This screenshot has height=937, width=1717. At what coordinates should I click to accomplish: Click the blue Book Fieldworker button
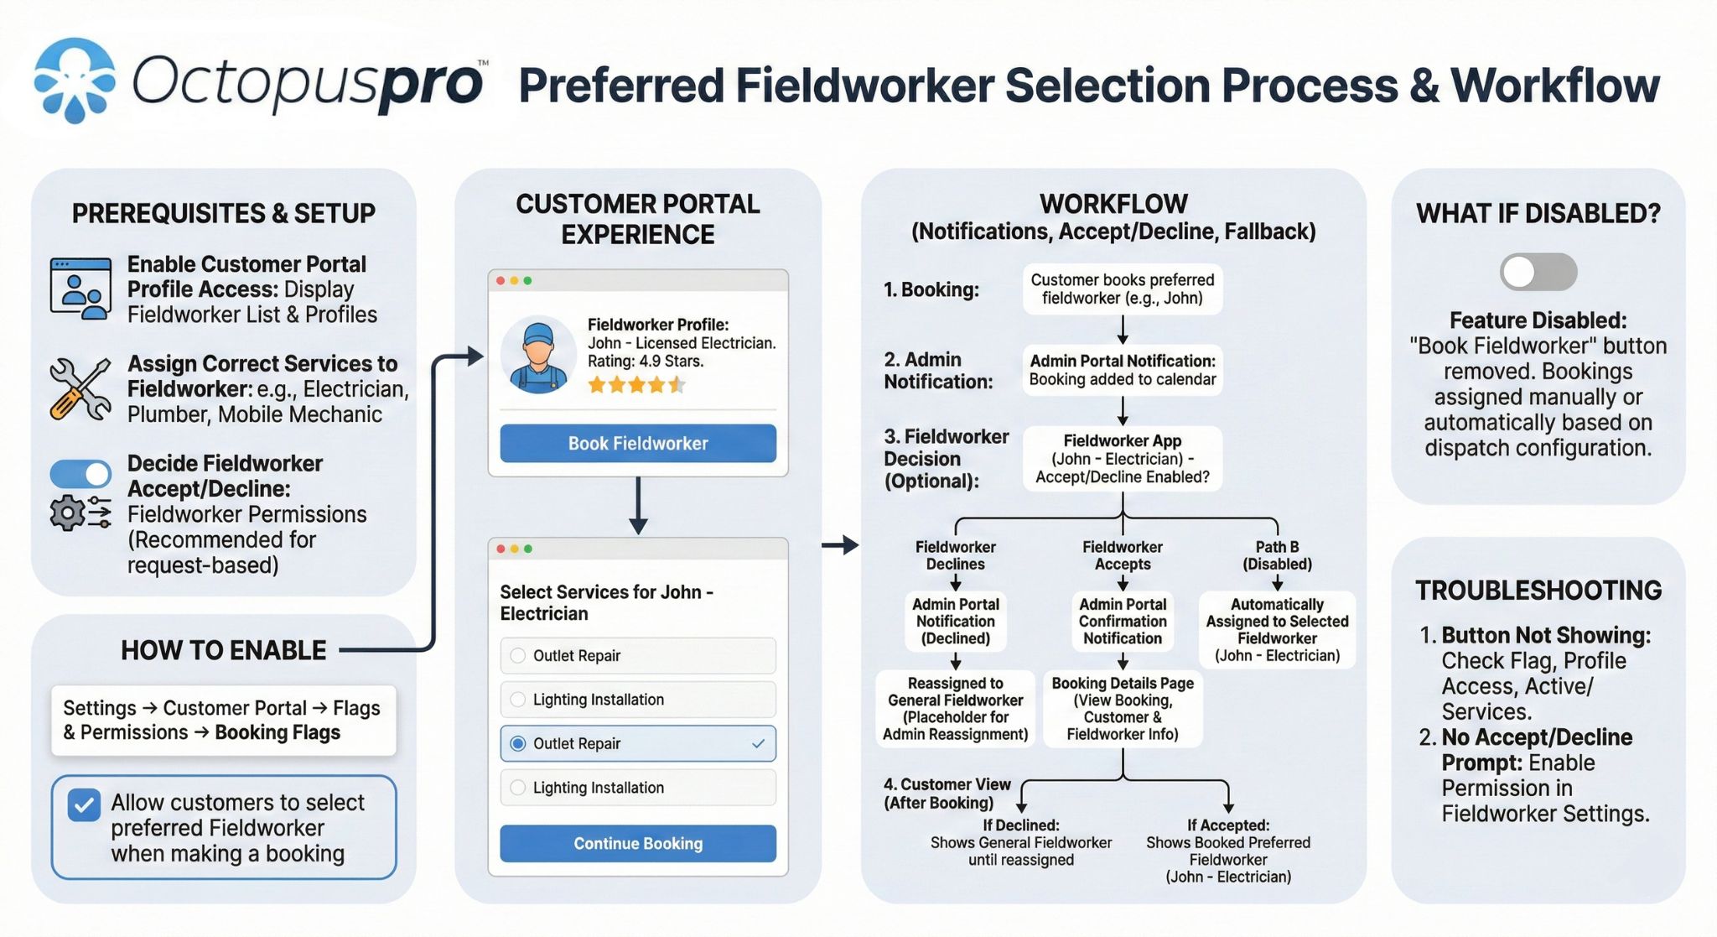637,443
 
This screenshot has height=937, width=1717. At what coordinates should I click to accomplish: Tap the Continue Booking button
637,843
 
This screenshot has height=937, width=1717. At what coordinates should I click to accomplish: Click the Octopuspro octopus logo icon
75,81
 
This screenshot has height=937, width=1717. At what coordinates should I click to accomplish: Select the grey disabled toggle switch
1538,272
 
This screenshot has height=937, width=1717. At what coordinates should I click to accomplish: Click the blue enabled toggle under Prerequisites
80,474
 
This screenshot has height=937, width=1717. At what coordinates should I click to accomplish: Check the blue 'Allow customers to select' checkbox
85,805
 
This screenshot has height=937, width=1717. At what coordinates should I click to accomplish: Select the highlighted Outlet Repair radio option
518,743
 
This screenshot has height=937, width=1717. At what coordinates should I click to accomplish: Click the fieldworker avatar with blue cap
538,356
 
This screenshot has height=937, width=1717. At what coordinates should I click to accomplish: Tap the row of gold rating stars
636,385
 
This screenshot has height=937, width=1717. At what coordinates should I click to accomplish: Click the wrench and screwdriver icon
80,388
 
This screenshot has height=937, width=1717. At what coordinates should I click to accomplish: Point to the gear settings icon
67,513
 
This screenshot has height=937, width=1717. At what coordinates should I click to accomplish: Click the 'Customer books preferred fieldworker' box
1122,289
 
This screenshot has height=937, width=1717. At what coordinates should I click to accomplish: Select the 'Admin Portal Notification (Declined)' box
955,621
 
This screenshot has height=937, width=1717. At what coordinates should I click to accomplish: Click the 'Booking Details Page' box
1122,709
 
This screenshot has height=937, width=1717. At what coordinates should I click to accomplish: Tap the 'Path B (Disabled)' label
1276,555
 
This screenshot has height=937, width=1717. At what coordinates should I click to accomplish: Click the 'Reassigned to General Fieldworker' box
955,709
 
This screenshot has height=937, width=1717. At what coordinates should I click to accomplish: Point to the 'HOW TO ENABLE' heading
223,650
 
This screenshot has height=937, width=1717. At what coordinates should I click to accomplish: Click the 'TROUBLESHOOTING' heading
1538,591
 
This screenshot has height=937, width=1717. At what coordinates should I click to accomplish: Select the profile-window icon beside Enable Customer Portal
80,288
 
